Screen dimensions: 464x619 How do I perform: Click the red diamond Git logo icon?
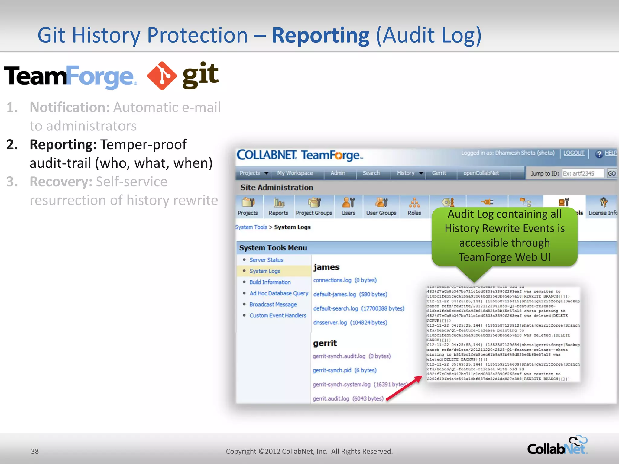pyautogui.click(x=162, y=76)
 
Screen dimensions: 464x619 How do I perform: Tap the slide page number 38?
pyautogui.click(x=35, y=451)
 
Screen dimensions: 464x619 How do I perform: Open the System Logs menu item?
pyautogui.click(x=265, y=271)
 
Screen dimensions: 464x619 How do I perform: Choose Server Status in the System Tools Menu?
pyautogui.click(x=266, y=260)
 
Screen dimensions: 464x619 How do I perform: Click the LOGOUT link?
pyautogui.click(x=574, y=153)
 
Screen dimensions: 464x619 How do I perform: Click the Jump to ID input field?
pyautogui.click(x=583, y=173)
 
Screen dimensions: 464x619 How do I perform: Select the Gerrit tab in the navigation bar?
pyautogui.click(x=439, y=173)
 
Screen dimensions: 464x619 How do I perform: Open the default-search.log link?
pyautogui.click(x=335, y=308)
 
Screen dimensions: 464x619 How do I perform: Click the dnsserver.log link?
pyautogui.click(x=330, y=323)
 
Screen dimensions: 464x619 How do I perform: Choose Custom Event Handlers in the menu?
pyautogui.click(x=278, y=315)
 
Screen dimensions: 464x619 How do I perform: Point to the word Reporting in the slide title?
pyautogui.click(x=320, y=36)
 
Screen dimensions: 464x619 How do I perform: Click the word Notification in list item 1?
pyautogui.click(x=69, y=108)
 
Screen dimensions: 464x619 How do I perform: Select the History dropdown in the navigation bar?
pyautogui.click(x=410, y=173)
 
